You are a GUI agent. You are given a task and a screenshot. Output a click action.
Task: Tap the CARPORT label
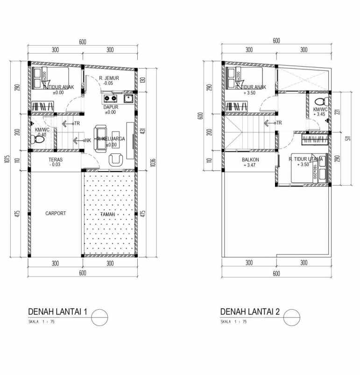click(x=56, y=213)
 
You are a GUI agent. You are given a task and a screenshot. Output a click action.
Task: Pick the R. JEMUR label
click(x=108, y=78)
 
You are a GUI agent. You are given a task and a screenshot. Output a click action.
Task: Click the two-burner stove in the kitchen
click(x=111, y=98)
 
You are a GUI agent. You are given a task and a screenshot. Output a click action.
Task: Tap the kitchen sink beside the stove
click(x=127, y=98)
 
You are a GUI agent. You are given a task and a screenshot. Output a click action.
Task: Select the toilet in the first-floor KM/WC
click(x=35, y=139)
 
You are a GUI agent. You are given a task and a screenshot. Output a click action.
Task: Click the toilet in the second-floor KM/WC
click(x=319, y=102)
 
